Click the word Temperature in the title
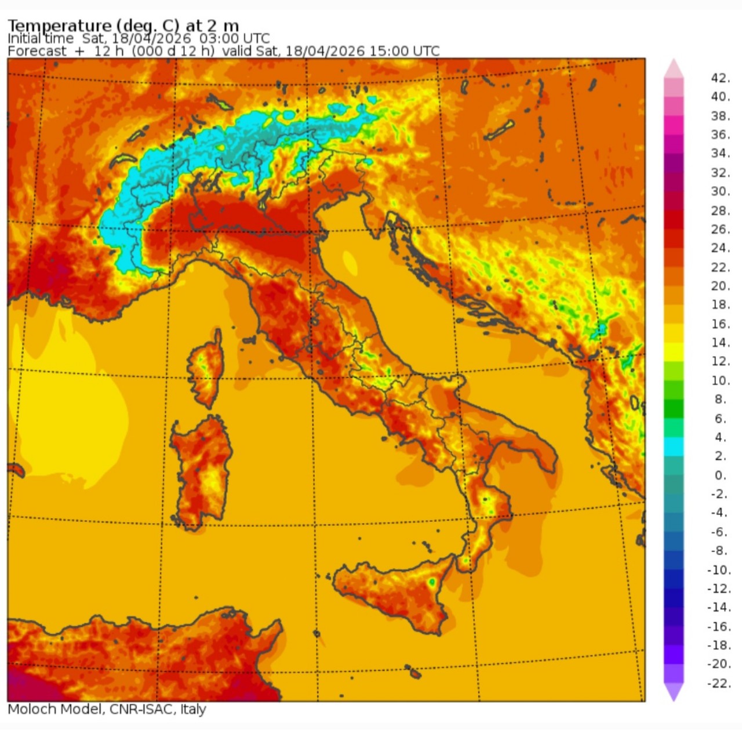click(59, 26)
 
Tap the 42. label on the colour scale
click(720, 78)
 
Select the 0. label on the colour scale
click(720, 475)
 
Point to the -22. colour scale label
click(719, 684)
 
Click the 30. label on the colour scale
click(720, 191)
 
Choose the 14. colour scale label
click(720, 343)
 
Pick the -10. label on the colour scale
click(719, 570)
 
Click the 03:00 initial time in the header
click(216, 38)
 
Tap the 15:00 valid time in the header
click(388, 51)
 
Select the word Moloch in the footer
click(32, 709)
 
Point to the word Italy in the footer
click(193, 709)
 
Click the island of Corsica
click(206, 369)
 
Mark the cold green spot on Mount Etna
click(432, 581)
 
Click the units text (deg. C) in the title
click(148, 26)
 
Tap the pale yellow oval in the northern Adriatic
click(350, 262)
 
